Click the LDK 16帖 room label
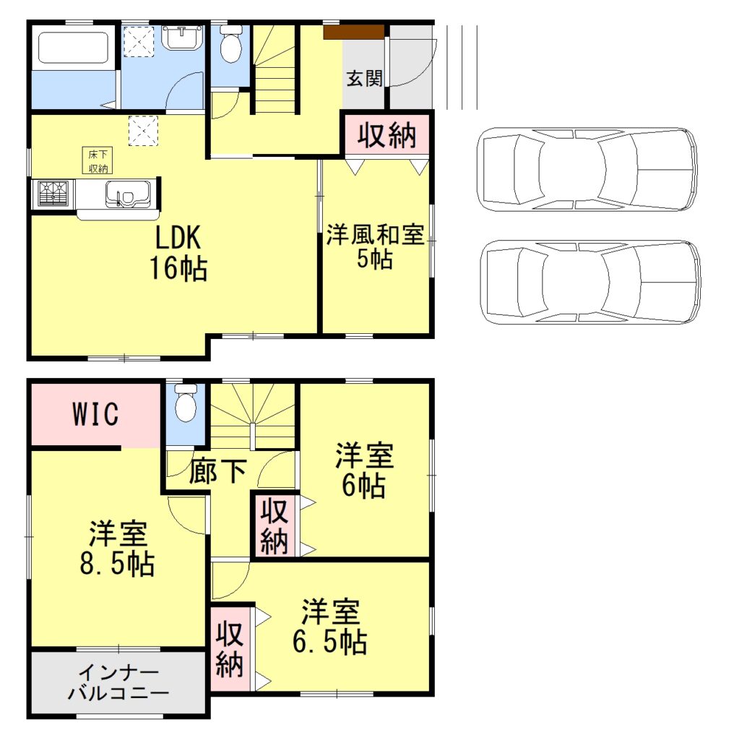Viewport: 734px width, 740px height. pyautogui.click(x=178, y=253)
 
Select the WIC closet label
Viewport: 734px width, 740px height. pyautogui.click(x=95, y=415)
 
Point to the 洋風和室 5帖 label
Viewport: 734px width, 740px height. pyautogui.click(x=374, y=247)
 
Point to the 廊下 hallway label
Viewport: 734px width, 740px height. pyautogui.click(x=217, y=473)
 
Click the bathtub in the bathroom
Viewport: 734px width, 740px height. pyautogui.click(x=72, y=48)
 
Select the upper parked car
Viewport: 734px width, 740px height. pyautogui.click(x=586, y=169)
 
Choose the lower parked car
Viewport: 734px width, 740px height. pyautogui.click(x=589, y=282)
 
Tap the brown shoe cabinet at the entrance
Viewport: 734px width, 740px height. pyautogui.click(x=353, y=32)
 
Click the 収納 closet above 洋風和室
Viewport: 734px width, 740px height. pyautogui.click(x=387, y=135)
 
